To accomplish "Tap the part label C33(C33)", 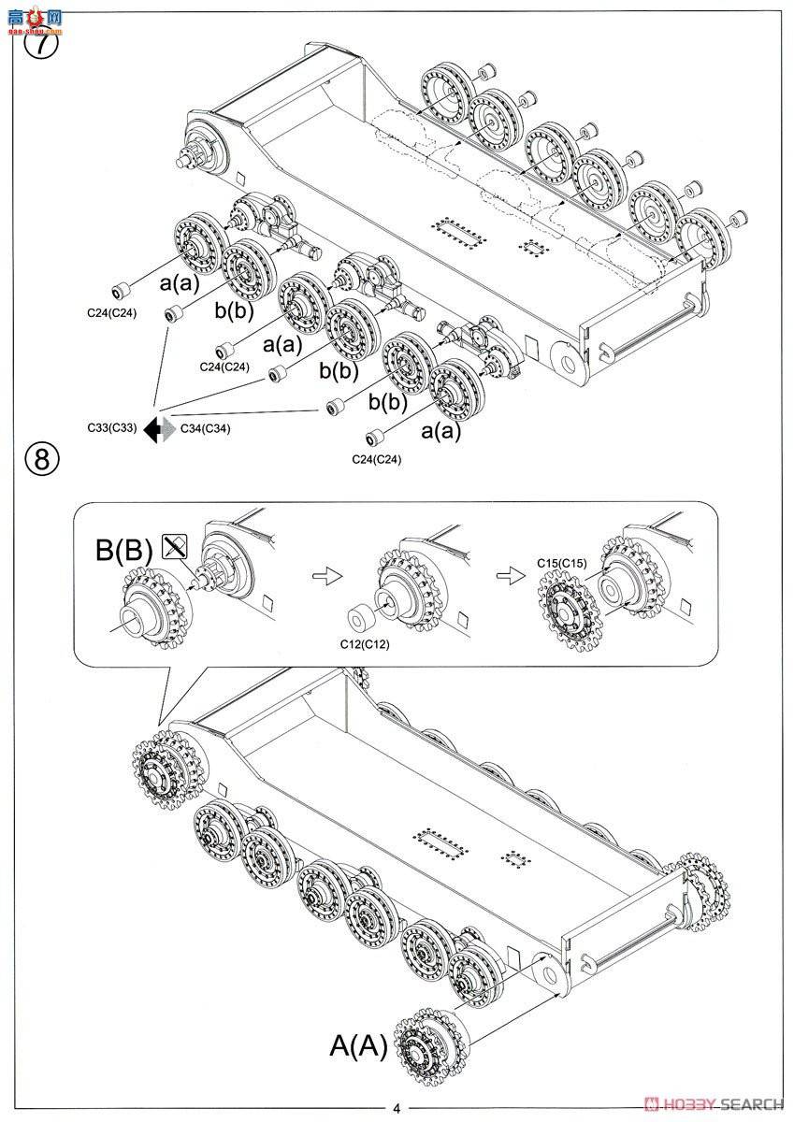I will pyautogui.click(x=112, y=427).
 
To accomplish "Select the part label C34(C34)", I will pyautogui.click(x=205, y=427).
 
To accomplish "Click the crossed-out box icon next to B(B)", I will pyautogui.click(x=172, y=547).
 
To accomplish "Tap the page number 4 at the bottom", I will pyautogui.click(x=397, y=1109).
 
